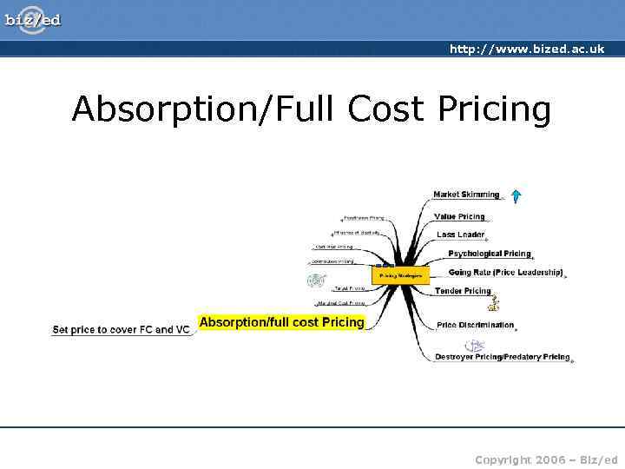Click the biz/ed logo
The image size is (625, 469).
click(x=34, y=18)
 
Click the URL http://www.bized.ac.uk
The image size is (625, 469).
click(x=526, y=50)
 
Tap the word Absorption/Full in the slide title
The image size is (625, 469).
click(x=205, y=110)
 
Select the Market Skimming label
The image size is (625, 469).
click(x=466, y=195)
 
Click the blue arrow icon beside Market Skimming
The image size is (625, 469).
click(x=515, y=195)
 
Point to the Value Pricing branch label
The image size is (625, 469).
click(x=459, y=216)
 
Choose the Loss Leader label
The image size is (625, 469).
click(x=460, y=234)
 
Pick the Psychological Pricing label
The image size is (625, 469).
click(x=489, y=254)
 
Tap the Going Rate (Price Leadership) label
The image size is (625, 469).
click(x=505, y=273)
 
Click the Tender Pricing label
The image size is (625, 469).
click(x=463, y=291)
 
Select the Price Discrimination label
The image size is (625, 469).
click(x=475, y=326)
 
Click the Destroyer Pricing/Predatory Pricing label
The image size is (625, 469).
click(x=502, y=357)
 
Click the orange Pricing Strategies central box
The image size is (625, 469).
click(x=400, y=275)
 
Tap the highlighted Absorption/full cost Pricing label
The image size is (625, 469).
click(x=282, y=322)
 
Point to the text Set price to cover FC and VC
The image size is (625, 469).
click(x=121, y=330)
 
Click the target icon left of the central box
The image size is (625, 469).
click(x=316, y=280)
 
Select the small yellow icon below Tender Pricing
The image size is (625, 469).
click(x=493, y=304)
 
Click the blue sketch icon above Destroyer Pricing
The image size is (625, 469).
click(x=475, y=345)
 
